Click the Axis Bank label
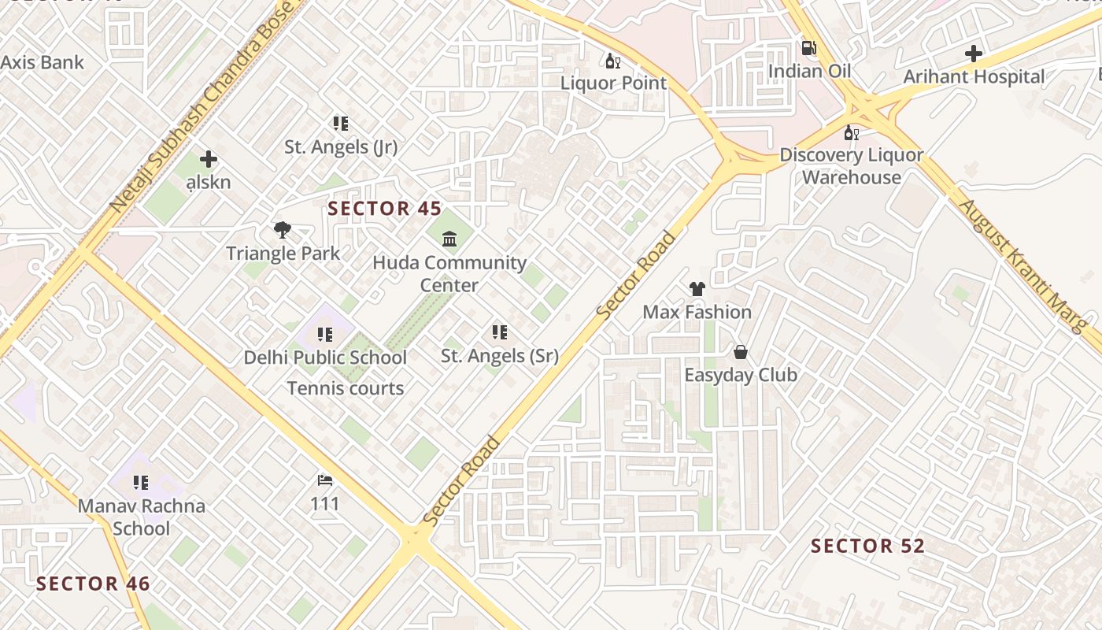tap(43, 62)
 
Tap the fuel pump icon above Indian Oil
tap(808, 48)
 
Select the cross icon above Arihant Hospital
tap(974, 54)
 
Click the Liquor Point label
tap(613, 83)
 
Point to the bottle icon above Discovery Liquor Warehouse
tap(850, 132)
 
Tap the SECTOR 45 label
tap(380, 209)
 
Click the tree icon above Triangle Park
tap(283, 230)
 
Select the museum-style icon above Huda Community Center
tap(449, 239)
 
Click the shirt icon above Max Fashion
tap(697, 289)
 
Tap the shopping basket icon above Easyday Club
tap(740, 352)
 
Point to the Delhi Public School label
tap(325, 358)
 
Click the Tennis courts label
tap(346, 388)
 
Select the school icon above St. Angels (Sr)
tap(499, 332)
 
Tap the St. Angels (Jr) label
tap(341, 146)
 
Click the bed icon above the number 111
tap(325, 480)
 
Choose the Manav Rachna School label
tap(141, 517)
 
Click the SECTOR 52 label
tap(867, 546)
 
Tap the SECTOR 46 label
tap(93, 584)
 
